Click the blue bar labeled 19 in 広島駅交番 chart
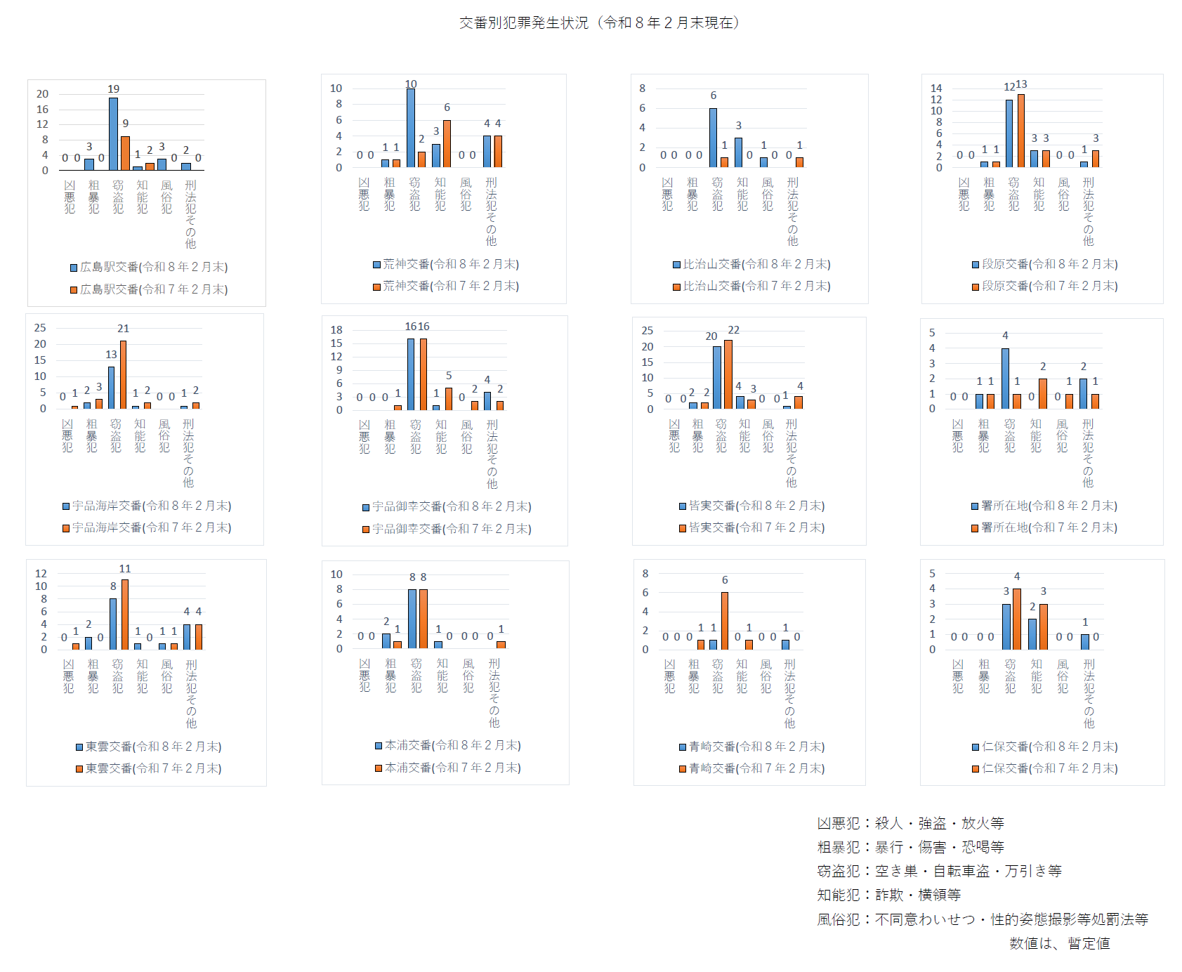click(113, 133)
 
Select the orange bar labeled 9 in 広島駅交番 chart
click(125, 153)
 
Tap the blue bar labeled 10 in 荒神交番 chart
click(411, 128)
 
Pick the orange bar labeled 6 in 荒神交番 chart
click(447, 143)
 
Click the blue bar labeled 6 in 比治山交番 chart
click(713, 138)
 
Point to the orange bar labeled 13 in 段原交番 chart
click(1021, 131)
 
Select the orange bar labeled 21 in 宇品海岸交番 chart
click(124, 374)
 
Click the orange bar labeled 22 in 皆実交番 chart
click(728, 374)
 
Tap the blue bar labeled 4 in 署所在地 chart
click(1005, 379)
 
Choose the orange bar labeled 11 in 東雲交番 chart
click(125, 615)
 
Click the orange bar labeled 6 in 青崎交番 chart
click(725, 621)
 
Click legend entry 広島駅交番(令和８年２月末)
click(149, 268)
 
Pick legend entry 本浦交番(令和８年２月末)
click(448, 746)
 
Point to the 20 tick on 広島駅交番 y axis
click(43, 94)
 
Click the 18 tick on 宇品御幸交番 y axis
click(336, 330)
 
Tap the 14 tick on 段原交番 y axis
click(936, 88)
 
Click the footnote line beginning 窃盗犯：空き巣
click(939, 872)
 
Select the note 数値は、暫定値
click(1059, 944)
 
